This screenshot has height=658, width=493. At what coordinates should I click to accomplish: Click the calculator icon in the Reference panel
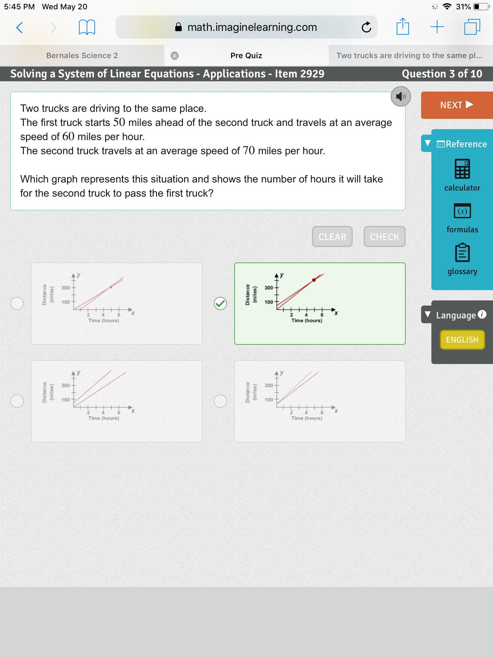[463, 169]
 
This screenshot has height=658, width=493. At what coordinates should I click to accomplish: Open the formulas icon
[463, 211]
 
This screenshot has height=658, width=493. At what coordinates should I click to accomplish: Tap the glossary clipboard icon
[463, 253]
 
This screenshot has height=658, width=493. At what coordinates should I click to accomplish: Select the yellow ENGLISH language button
[462, 340]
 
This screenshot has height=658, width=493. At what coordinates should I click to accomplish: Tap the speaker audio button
[401, 96]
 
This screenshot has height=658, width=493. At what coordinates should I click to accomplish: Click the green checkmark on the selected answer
[220, 303]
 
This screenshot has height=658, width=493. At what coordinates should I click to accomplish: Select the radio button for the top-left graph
[17, 303]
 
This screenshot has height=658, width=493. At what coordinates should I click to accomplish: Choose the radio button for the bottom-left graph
[17, 401]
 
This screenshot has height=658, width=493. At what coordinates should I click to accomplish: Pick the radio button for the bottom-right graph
[220, 401]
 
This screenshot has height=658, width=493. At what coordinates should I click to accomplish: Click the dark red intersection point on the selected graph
[314, 280]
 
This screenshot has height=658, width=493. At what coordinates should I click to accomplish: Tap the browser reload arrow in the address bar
[366, 27]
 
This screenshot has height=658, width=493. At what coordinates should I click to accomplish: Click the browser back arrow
[19, 27]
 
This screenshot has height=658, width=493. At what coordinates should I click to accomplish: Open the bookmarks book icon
[87, 27]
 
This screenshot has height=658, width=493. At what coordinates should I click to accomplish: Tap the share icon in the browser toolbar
[402, 26]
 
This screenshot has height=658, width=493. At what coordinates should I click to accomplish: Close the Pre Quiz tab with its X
[175, 56]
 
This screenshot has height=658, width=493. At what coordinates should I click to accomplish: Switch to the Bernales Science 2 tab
[82, 56]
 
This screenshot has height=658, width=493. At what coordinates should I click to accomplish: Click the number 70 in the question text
[249, 150]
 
